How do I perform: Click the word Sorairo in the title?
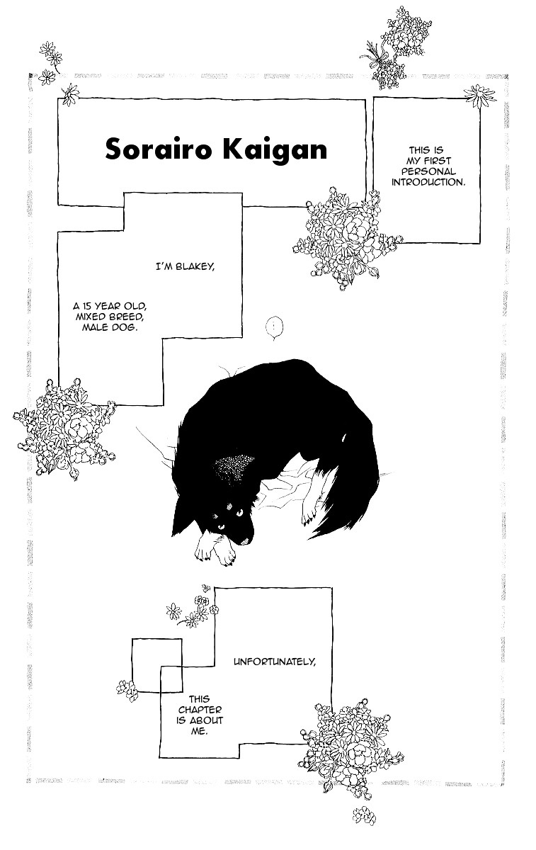click(158, 149)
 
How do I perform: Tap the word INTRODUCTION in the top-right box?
click(428, 182)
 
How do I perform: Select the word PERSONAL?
click(428, 171)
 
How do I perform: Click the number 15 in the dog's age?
click(87, 306)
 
